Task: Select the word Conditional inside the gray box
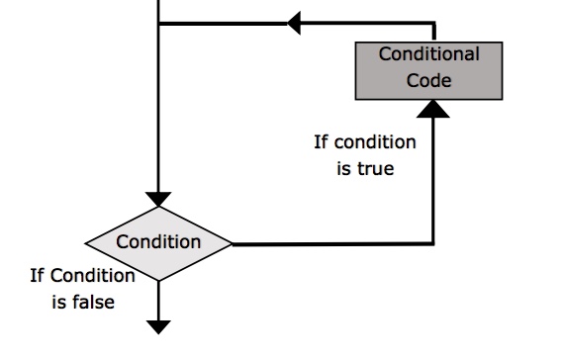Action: pos(429,54)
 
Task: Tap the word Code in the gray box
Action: pos(428,81)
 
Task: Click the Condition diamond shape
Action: pos(158,242)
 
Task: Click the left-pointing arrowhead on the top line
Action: pos(293,22)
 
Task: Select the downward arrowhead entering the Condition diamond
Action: pos(158,199)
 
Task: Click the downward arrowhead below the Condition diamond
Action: pos(158,327)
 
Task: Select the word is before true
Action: pos(343,169)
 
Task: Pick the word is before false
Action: pos(58,302)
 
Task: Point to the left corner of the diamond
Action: pos(87,242)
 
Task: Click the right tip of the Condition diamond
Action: pos(232,242)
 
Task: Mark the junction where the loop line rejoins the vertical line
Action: pos(158,22)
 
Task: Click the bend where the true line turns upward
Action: pos(434,242)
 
